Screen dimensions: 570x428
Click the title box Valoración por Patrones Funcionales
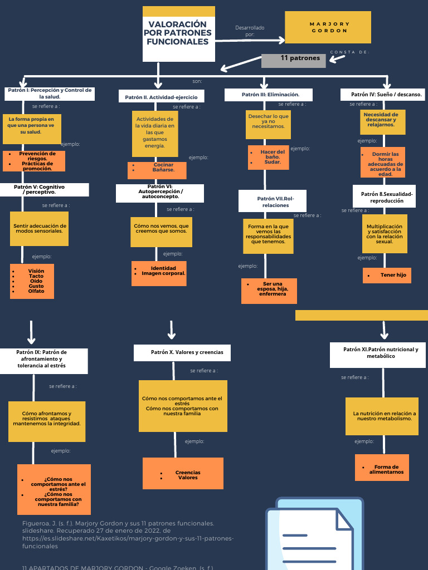click(x=178, y=34)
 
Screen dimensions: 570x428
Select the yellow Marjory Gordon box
click(x=328, y=27)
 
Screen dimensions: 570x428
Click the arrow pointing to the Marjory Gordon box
click(x=250, y=40)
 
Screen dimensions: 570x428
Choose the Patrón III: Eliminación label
click(x=269, y=95)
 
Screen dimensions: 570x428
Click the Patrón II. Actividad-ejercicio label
click(x=161, y=97)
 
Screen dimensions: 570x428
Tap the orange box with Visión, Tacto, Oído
click(x=32, y=281)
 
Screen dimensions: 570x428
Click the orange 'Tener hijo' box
click(x=387, y=275)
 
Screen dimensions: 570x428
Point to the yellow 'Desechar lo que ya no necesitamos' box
click(x=268, y=124)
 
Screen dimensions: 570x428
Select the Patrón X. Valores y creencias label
click(x=182, y=352)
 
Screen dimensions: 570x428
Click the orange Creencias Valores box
click(x=183, y=473)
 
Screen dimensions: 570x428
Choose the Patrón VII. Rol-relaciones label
click(x=272, y=201)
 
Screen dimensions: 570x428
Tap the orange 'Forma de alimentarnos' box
click(x=382, y=468)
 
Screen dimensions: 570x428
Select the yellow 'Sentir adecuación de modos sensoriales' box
click(x=40, y=229)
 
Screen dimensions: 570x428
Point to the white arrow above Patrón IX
click(x=32, y=332)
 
